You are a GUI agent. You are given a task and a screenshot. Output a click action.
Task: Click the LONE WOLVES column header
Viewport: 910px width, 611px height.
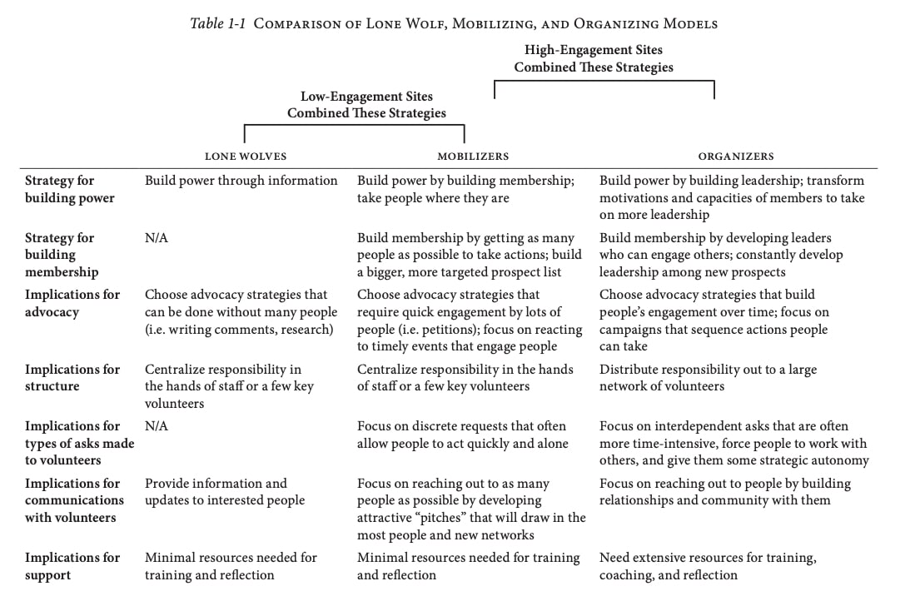(245, 156)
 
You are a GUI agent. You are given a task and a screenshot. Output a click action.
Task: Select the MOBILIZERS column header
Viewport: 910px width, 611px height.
(473, 156)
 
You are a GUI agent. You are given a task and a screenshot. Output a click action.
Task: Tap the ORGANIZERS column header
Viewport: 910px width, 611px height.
(735, 156)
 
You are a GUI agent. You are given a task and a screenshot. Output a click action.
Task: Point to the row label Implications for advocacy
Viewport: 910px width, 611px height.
(72, 303)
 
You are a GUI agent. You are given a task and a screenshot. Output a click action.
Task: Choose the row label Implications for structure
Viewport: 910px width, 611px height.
(72, 377)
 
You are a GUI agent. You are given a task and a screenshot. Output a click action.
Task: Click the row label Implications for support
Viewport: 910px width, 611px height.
(72, 566)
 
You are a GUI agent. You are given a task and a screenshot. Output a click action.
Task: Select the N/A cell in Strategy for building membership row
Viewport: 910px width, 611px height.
(156, 238)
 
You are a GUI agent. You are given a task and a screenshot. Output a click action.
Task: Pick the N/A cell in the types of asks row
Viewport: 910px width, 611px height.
(156, 426)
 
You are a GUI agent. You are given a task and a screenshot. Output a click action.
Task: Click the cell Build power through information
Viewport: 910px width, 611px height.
(241, 181)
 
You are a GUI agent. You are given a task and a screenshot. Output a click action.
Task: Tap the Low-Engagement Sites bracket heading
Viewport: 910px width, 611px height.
(366, 105)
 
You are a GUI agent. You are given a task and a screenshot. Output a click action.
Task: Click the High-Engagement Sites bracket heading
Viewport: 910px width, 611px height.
(593, 58)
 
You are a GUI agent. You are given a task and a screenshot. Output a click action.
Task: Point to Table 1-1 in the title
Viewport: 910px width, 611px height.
(218, 23)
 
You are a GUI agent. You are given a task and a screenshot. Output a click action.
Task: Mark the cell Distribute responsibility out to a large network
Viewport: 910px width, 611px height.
(708, 377)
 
